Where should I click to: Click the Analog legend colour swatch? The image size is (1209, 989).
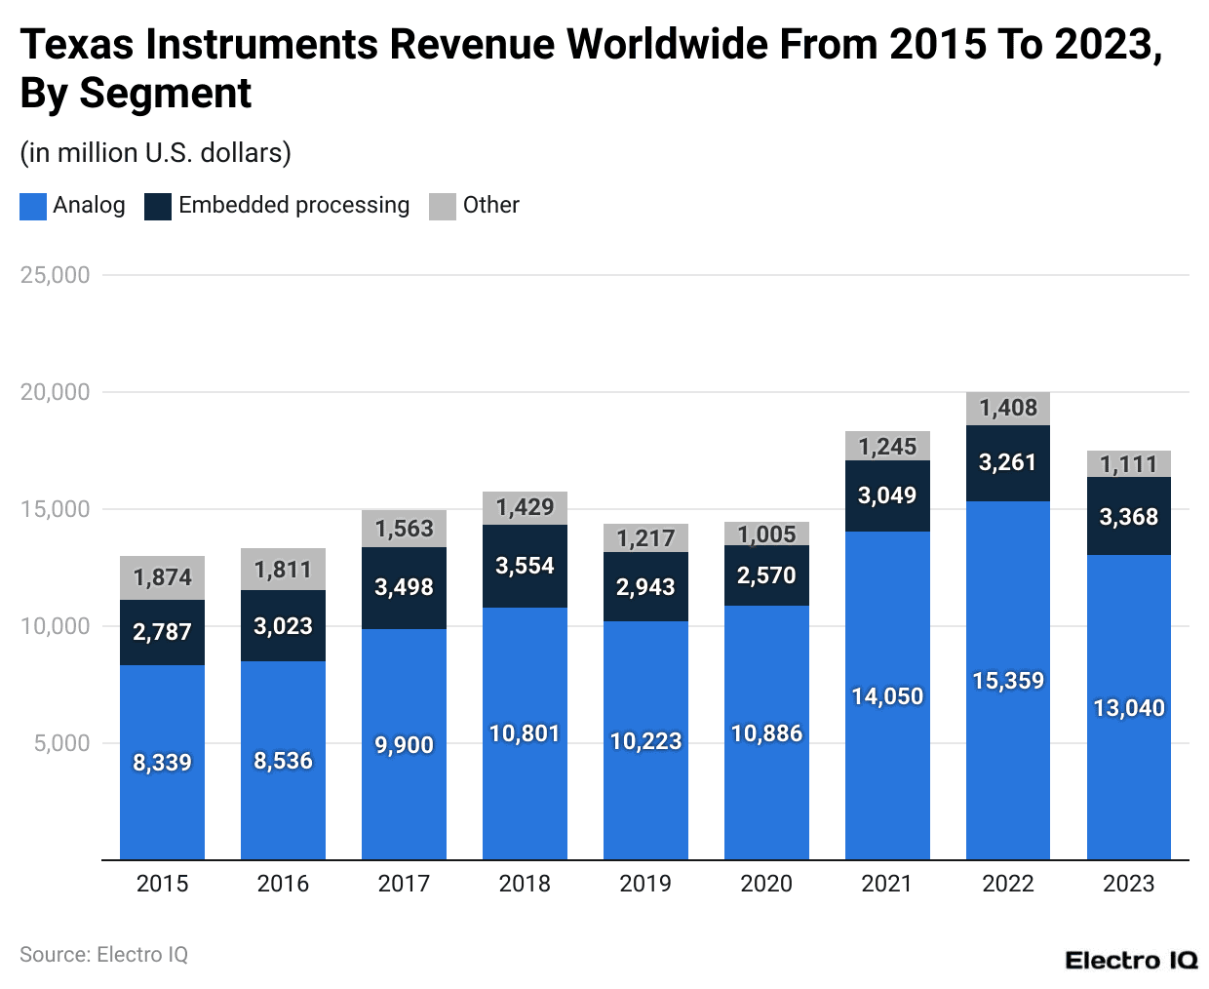33,206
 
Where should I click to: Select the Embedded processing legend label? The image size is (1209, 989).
293,206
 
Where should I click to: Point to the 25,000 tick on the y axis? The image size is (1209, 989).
56,275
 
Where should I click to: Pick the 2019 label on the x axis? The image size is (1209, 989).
645,884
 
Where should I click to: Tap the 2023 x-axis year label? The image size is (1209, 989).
1128,884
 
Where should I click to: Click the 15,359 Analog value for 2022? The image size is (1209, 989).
1008,681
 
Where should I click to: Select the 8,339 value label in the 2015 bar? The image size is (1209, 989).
162,763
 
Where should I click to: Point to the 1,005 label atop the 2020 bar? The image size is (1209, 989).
766,534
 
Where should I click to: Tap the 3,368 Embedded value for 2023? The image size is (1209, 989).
1128,517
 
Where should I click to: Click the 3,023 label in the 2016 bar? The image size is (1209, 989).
283,626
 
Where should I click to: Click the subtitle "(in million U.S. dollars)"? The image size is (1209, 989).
156,153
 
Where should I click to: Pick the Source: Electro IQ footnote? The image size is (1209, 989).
103,955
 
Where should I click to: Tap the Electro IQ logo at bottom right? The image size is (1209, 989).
1131,961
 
